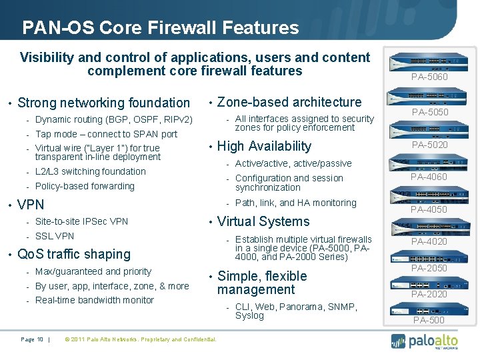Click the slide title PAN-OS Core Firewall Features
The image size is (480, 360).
(160, 27)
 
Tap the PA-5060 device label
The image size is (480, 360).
(429, 77)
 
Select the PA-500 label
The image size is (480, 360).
(429, 320)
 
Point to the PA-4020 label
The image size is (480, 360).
(429, 241)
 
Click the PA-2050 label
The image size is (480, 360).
(429, 268)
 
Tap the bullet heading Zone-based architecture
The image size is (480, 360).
(289, 102)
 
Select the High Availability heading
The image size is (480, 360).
(264, 146)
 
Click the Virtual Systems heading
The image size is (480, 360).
(263, 221)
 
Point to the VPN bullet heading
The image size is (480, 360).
(31, 205)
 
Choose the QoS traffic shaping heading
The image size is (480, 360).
(73, 254)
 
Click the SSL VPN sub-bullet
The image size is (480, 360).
(55, 236)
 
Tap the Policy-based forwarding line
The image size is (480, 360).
(85, 186)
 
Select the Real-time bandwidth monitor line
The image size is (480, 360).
(94, 300)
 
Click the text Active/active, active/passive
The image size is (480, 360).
(293, 163)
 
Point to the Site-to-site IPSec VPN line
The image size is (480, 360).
(81, 221)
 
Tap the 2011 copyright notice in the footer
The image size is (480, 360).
(139, 339)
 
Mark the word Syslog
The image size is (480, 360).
(249, 315)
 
